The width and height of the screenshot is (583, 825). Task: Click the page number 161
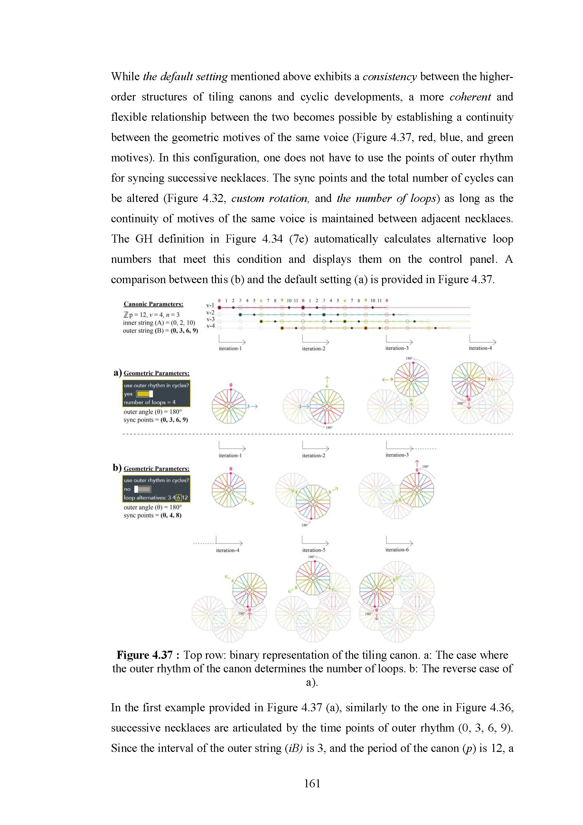click(x=312, y=783)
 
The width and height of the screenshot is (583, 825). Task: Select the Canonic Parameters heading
click(x=153, y=304)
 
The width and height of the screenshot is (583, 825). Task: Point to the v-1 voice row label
click(x=210, y=305)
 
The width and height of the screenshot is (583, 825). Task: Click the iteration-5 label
click(x=314, y=550)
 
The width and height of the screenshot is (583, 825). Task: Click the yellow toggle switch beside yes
click(x=144, y=394)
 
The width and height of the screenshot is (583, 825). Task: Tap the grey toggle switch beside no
click(x=143, y=489)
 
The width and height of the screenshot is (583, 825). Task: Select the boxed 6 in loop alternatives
click(x=178, y=498)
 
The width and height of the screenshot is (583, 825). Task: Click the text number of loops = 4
click(x=150, y=402)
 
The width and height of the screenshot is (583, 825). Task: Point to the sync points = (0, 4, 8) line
click(x=153, y=515)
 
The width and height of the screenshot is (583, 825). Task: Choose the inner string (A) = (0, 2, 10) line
click(x=159, y=323)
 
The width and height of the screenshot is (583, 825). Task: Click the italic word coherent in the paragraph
click(x=470, y=97)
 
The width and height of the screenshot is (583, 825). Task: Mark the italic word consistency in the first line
click(x=390, y=77)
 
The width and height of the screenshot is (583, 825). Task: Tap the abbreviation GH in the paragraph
click(x=144, y=239)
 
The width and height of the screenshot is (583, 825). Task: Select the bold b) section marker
click(x=118, y=467)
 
